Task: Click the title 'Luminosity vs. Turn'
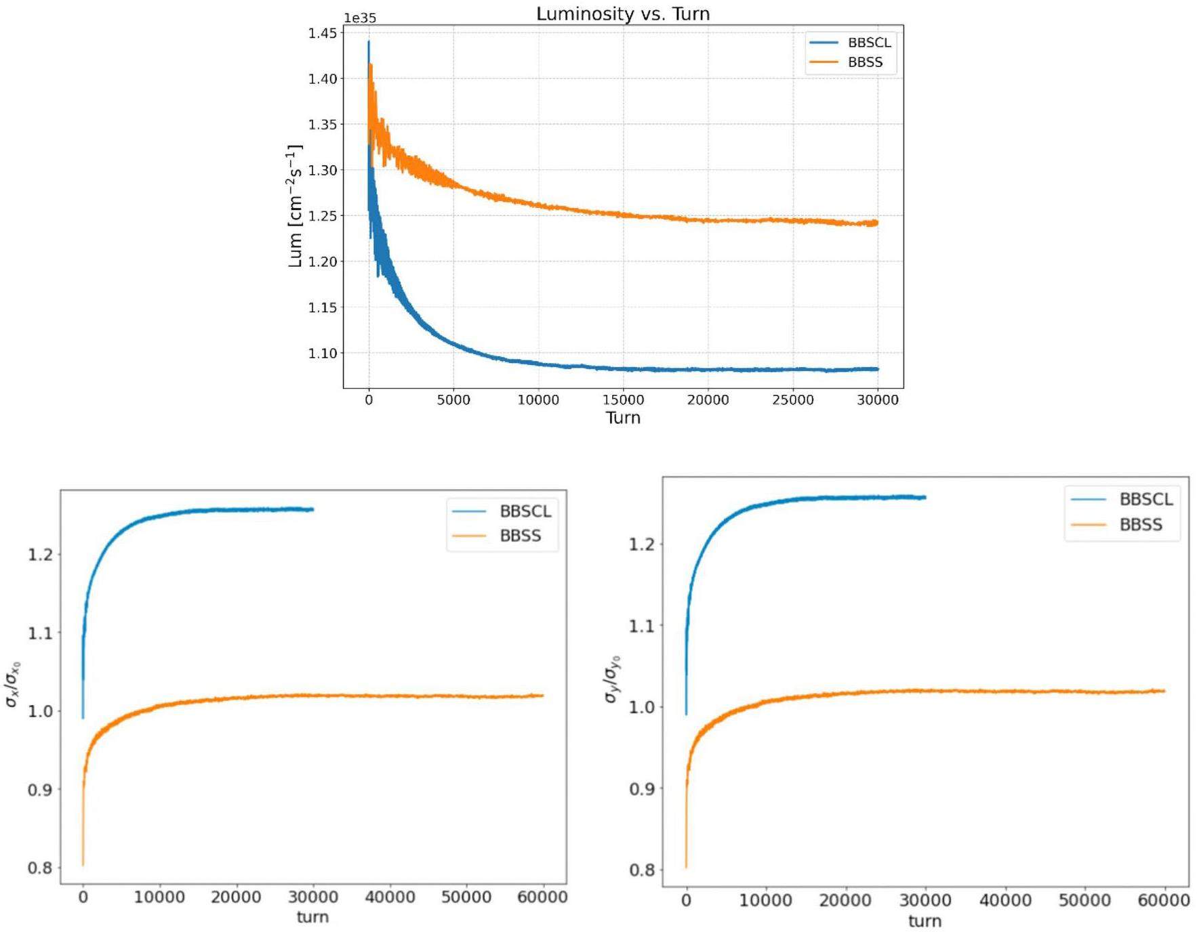pos(622,14)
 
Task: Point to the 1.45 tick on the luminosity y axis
pos(322,33)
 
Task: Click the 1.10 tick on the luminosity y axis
pos(322,353)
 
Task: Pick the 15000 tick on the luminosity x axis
pos(623,400)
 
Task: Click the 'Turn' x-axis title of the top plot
pos(622,417)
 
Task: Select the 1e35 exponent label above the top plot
pos(359,18)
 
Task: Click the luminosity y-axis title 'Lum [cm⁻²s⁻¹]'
pos(295,206)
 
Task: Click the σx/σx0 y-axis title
pos(14,684)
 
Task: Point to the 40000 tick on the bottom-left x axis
pos(389,897)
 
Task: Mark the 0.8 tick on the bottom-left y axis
pos(40,868)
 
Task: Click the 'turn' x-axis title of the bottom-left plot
pos(312,917)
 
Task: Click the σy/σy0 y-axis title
pos(612,679)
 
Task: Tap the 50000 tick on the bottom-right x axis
pos(1084,900)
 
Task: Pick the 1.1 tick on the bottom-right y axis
pos(642,626)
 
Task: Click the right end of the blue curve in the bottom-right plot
pos(925,497)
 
